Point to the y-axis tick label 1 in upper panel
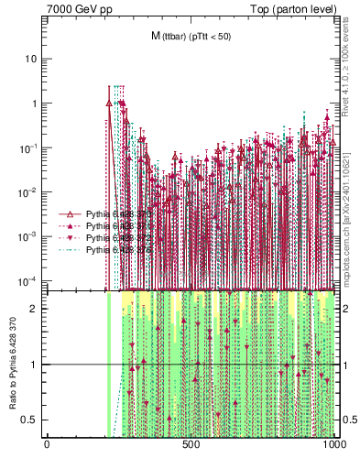(34, 104)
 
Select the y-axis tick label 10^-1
(28, 147)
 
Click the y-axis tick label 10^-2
(28, 191)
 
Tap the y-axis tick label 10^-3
(28, 236)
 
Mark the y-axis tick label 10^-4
(28, 280)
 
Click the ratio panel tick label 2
(36, 309)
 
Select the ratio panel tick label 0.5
(32, 420)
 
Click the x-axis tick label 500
(191, 445)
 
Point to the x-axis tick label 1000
(334, 445)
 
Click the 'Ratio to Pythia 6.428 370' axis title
(12, 364)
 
